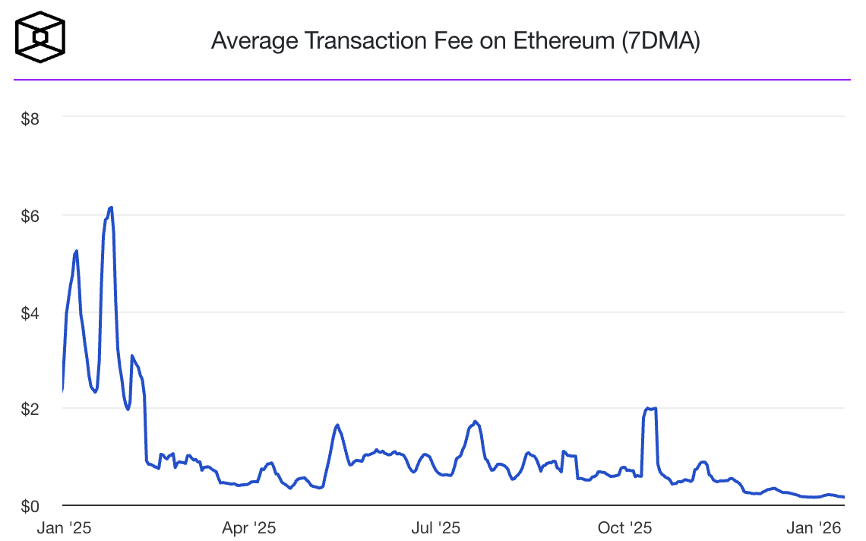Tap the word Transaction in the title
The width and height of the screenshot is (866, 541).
click(x=368, y=41)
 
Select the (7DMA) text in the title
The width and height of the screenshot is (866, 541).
click(x=660, y=41)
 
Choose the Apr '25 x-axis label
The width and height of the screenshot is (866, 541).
click(x=249, y=527)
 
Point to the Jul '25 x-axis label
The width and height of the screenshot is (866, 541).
click(x=436, y=527)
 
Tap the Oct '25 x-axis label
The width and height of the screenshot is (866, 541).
click(x=625, y=527)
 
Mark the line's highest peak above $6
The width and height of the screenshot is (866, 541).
click(x=111, y=207)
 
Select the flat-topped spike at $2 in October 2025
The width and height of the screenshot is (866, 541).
click(x=650, y=409)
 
